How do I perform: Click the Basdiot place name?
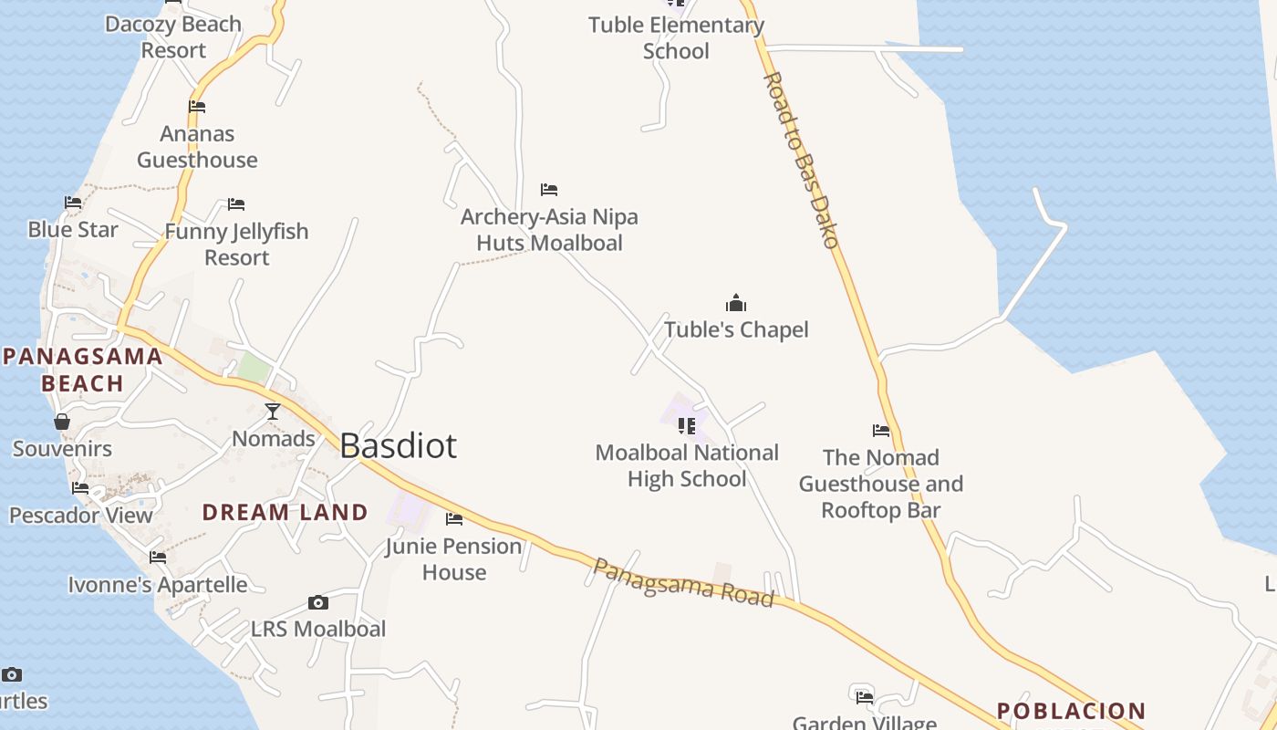[398, 445]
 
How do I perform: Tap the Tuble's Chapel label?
[736, 329]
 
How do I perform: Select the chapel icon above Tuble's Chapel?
[736, 303]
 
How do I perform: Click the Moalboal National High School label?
[687, 465]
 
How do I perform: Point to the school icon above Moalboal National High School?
[687, 425]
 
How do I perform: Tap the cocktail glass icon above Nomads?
[273, 412]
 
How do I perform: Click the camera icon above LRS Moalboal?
[318, 602]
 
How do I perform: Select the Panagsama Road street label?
[683, 582]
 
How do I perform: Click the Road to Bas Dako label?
[801, 160]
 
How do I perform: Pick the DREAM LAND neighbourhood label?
[285, 512]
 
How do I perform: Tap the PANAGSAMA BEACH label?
[82, 370]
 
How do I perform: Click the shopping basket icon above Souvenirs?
[62, 422]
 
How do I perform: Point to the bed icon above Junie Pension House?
[453, 519]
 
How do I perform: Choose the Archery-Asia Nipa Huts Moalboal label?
[549, 230]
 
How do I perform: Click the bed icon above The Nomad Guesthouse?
[881, 430]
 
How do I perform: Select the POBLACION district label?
[1071, 711]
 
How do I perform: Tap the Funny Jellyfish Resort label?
[236, 245]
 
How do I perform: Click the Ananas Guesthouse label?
[197, 147]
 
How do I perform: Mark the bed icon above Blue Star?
[73, 202]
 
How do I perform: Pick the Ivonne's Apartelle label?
[158, 584]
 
